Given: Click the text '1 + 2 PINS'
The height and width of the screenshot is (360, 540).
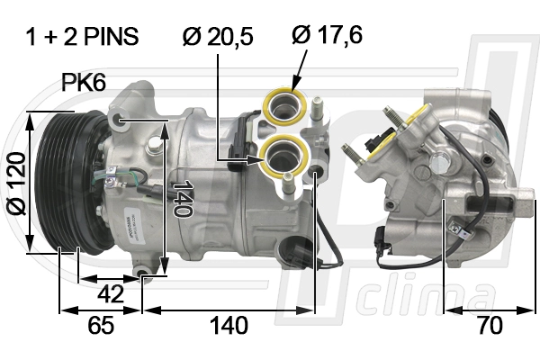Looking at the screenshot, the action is point(82,36).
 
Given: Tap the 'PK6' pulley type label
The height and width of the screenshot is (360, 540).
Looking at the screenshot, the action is point(84,82).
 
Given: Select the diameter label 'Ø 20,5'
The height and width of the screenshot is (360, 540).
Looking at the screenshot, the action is point(218,37).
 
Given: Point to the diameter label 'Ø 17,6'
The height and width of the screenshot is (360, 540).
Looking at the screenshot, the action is point(328,35).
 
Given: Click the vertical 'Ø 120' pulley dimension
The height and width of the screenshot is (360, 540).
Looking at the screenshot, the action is point(16,184).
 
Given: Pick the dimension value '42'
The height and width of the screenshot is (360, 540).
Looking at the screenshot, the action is point(111,294).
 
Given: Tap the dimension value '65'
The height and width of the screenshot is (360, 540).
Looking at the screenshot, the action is point(101,325).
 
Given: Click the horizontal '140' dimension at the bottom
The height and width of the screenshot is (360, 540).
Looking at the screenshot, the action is point(229,325).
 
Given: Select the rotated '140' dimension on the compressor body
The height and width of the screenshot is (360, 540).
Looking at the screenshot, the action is point(183,199).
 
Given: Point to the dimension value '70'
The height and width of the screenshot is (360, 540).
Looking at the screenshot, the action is point(490,325).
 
